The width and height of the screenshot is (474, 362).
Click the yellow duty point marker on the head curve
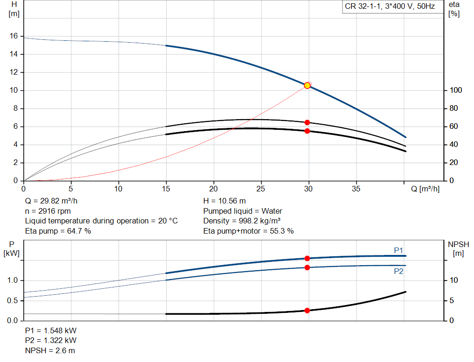coord(307,85)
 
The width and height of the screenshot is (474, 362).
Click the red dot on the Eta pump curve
coord(307,122)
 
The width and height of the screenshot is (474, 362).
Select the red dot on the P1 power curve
coord(307,258)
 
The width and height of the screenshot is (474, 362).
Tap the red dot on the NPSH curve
coord(307,311)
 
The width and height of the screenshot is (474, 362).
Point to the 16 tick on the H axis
coord(13,36)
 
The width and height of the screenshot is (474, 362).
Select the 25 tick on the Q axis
coord(261,189)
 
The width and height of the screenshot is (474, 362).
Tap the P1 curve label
coord(399,250)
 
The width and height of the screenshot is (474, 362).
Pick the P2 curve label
coord(399,272)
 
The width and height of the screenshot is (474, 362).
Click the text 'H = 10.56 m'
coord(225,201)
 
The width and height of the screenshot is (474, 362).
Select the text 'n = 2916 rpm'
coord(48,211)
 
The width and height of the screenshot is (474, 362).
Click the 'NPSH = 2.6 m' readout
coord(50,350)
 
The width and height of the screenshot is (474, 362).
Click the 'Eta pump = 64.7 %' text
coord(58,231)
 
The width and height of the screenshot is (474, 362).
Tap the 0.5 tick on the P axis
coord(12,301)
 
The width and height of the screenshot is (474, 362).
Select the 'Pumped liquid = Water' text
coord(243,211)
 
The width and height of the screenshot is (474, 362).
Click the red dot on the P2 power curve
coord(307,267)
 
